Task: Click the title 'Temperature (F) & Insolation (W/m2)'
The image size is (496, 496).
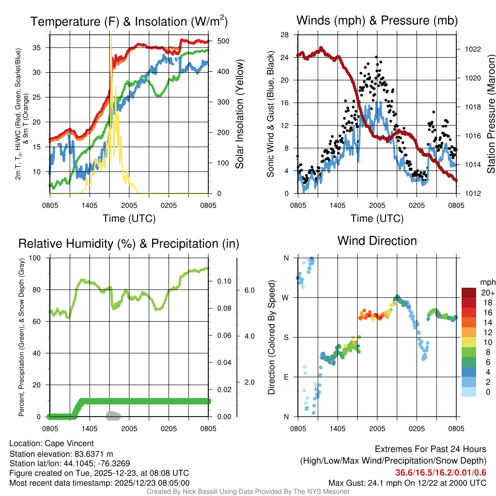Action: (129, 21)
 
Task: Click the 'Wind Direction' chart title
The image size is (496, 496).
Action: (377, 241)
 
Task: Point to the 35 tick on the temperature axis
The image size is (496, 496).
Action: (42, 47)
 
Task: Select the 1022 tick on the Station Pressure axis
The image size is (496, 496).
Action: (467, 49)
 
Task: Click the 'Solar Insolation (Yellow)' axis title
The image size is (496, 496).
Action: (240, 114)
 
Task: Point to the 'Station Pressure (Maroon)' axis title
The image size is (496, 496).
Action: (490, 114)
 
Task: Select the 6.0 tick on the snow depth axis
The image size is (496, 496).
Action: (248, 290)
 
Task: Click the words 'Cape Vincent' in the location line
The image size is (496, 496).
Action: (69, 443)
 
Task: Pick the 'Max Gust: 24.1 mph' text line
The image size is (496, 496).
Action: (407, 482)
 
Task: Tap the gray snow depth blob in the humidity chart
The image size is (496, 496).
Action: (113, 416)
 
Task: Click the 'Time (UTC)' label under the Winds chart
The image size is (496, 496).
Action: (377, 218)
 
